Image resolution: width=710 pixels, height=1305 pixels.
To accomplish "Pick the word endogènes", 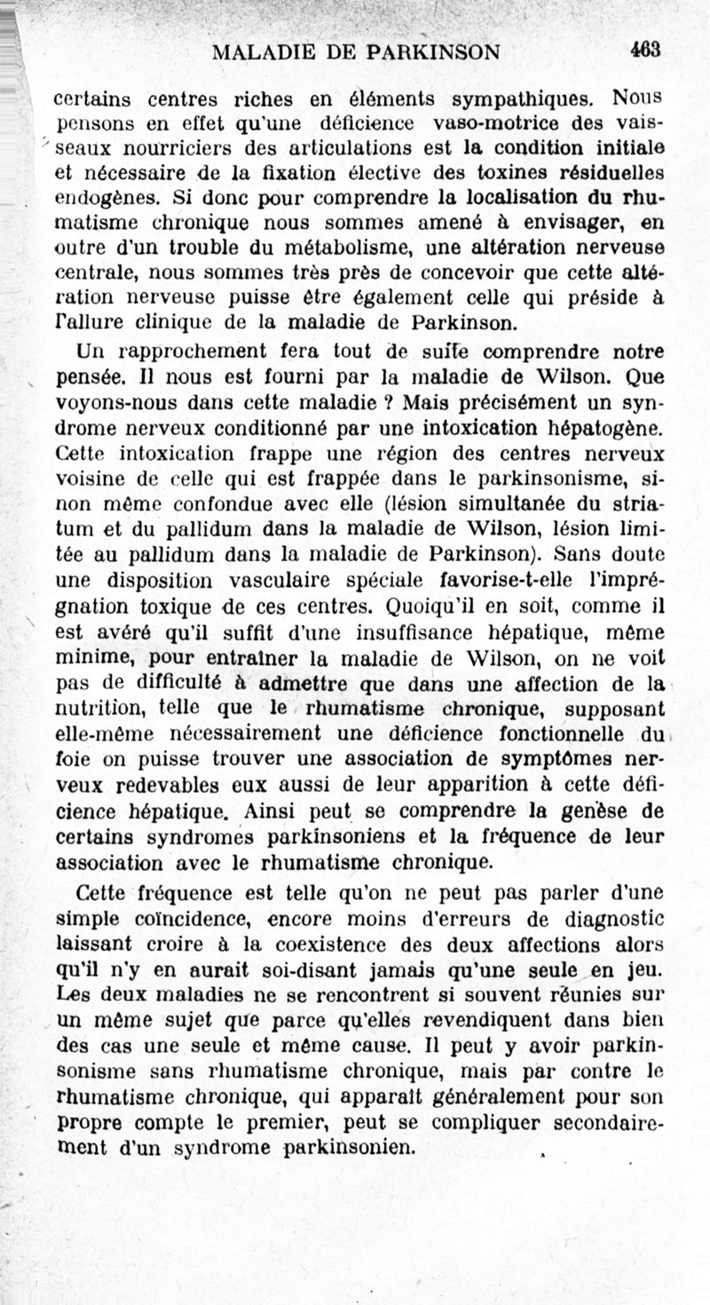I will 97,195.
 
